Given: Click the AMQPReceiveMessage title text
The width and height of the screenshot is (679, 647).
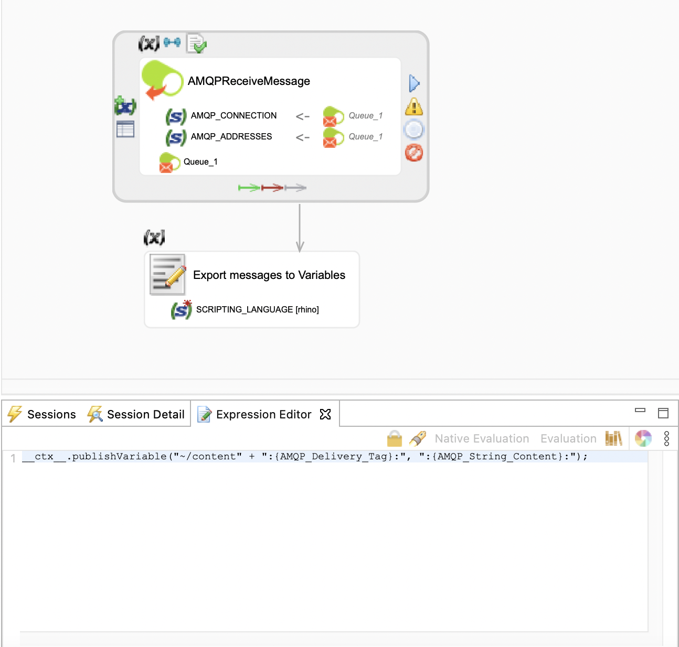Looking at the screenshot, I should [x=249, y=81].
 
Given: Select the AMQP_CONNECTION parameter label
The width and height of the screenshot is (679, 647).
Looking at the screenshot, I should [x=234, y=116].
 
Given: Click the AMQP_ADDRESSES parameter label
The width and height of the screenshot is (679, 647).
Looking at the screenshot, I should [x=231, y=137].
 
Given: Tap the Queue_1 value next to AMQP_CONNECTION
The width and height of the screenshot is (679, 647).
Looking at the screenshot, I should [x=365, y=116].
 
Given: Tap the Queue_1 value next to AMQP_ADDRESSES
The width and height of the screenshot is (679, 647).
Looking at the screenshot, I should [x=365, y=137].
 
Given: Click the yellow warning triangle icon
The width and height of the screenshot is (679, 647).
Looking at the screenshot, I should [x=414, y=107].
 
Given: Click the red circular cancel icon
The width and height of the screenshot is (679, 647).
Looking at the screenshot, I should [x=414, y=153].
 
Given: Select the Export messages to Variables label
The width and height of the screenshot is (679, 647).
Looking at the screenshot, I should [x=269, y=275].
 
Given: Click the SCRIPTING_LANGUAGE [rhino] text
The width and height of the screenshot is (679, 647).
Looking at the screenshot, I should [x=257, y=310].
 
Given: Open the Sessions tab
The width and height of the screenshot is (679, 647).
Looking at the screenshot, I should [x=51, y=415].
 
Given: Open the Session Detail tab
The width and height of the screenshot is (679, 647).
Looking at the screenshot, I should [x=145, y=415].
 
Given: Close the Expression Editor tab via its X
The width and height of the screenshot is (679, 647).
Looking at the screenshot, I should [x=325, y=414].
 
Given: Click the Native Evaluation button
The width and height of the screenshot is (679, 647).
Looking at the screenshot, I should [x=482, y=439].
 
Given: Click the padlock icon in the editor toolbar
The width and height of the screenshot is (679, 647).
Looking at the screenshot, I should [x=394, y=438].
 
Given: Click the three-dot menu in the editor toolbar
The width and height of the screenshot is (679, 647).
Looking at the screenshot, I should [x=666, y=439].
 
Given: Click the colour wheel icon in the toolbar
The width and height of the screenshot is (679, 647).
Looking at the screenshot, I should [x=643, y=438].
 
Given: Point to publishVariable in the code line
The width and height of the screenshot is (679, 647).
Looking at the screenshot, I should [x=119, y=457].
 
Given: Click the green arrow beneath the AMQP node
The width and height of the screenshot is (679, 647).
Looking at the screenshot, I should [x=249, y=188].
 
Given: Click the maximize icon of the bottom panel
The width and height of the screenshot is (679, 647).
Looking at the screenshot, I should [x=663, y=413].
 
